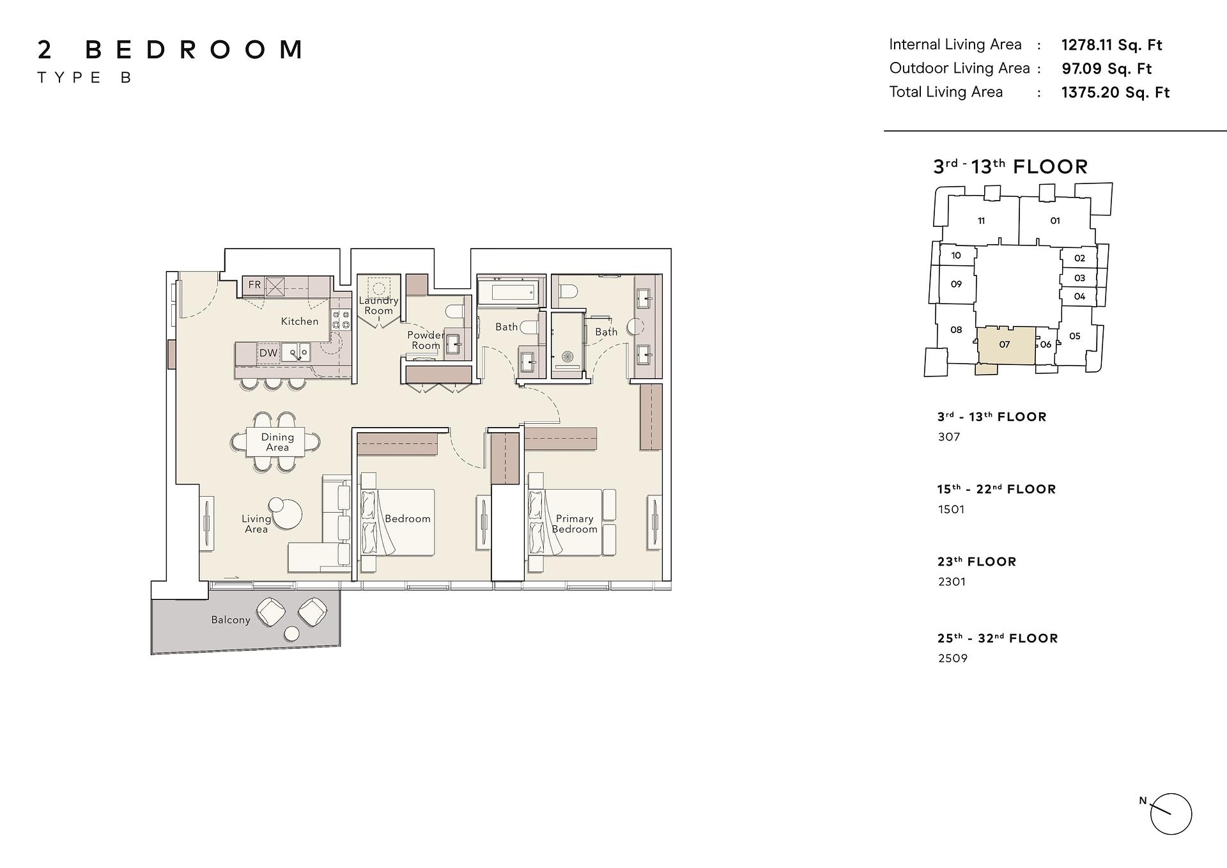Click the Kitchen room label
point(299,322)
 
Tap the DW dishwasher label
point(268,353)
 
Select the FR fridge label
point(254,284)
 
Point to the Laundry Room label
point(378,306)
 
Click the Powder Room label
point(426,340)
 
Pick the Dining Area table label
point(277,442)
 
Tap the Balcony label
point(231,620)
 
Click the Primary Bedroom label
point(575,524)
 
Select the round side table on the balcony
point(291,634)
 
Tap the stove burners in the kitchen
point(341,320)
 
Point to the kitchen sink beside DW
point(297,353)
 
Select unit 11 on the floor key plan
point(981,221)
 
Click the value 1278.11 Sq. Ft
point(1111,45)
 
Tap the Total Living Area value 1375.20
point(1115,92)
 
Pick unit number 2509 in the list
point(953,658)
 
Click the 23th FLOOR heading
point(976,562)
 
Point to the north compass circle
point(1171,814)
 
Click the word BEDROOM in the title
point(194,50)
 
